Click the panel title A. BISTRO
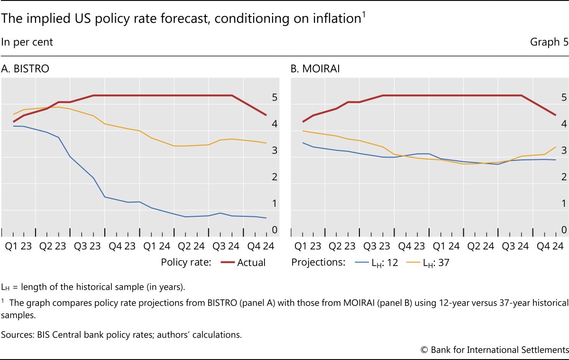click(26, 69)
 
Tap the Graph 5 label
click(549, 42)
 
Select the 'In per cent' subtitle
click(27, 42)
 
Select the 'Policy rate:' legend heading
click(186, 262)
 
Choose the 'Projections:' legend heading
click(318, 262)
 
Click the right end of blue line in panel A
click(266, 218)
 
